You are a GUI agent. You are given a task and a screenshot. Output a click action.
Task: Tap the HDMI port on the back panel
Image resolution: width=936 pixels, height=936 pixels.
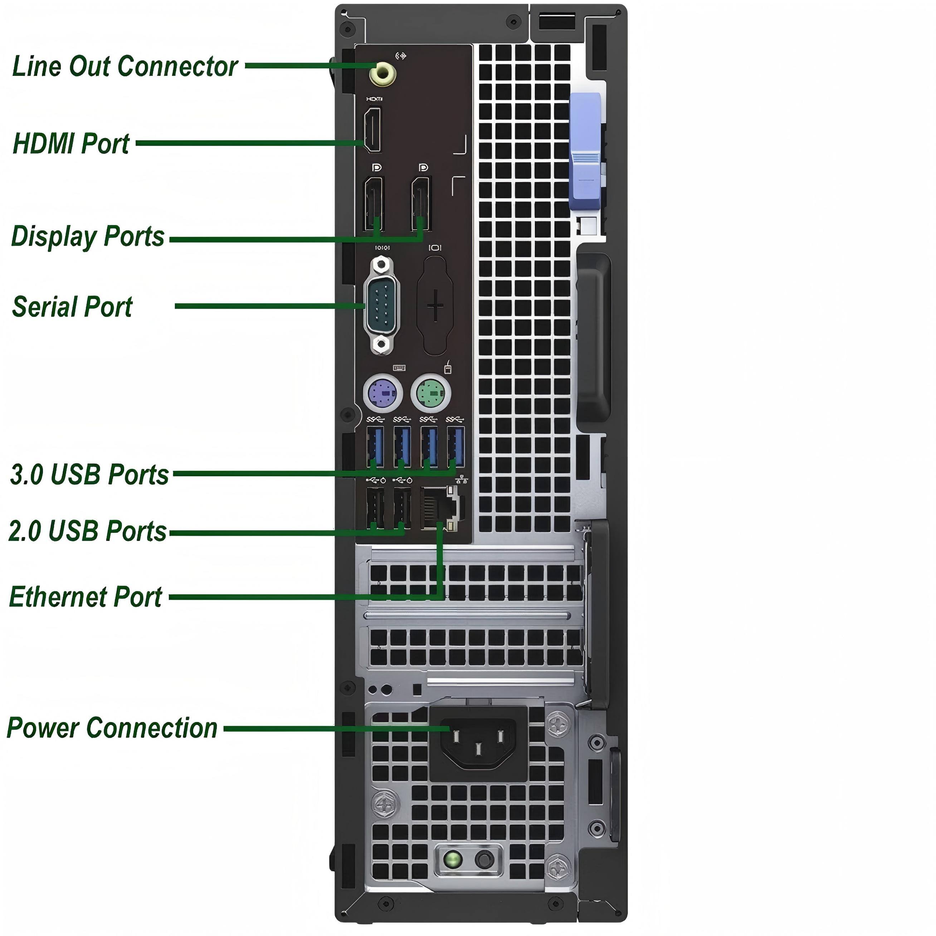[372, 130]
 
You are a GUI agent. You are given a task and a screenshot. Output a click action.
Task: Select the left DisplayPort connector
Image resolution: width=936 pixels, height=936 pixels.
[373, 204]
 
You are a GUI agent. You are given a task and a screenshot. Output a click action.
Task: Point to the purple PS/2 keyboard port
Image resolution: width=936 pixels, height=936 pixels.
[383, 393]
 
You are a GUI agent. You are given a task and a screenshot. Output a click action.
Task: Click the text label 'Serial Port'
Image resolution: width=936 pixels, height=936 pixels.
[72, 307]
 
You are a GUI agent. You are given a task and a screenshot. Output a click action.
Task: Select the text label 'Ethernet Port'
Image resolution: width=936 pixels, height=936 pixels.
[86, 596]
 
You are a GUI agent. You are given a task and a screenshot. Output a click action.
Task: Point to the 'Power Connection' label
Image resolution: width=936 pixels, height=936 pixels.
[112, 728]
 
